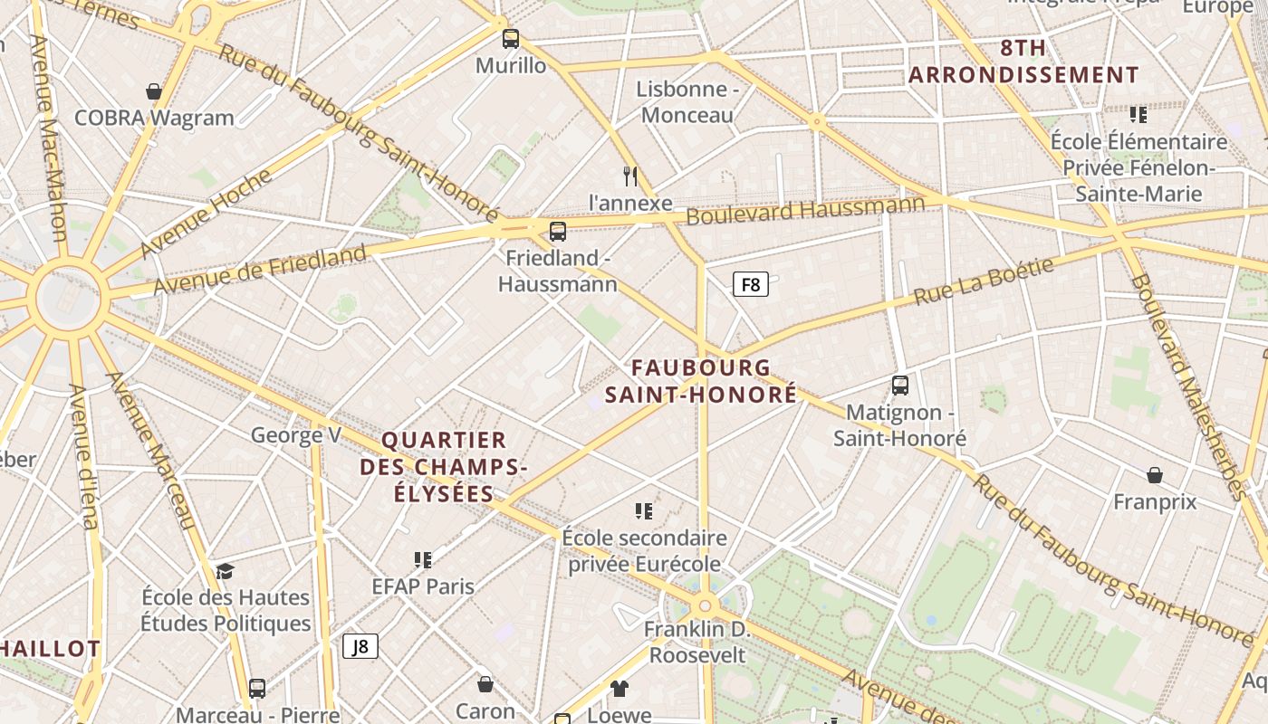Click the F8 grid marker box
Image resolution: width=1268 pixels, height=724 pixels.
pos(750,285)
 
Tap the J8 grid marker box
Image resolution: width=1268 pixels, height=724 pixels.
pos(360,646)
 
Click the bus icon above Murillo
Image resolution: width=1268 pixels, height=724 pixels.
pos(511,39)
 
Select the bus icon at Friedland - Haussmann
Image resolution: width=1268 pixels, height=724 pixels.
pos(558,232)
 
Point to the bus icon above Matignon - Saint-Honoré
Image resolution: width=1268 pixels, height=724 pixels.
pos(899,386)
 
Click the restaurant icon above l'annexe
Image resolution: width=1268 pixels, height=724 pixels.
pos(630,176)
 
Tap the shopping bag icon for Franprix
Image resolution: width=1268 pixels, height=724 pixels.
pos(1155,475)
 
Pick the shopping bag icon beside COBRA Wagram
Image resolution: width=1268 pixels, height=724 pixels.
pos(154,91)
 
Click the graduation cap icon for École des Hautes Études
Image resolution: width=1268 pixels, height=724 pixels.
pos(225,571)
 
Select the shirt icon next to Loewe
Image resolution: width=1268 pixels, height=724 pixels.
pos(619,689)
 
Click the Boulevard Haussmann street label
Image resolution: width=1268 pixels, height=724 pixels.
pos(805,210)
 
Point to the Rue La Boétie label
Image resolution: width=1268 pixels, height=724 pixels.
pos(984,281)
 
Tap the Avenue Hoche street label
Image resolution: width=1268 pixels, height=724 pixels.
pos(206,213)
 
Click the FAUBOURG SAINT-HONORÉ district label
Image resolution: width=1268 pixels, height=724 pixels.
pos(701,381)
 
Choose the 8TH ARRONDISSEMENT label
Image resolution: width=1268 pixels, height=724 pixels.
pos(1023,62)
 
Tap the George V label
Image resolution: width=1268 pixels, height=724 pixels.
pos(295,435)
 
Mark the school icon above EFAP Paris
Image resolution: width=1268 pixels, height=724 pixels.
pos(422,560)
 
